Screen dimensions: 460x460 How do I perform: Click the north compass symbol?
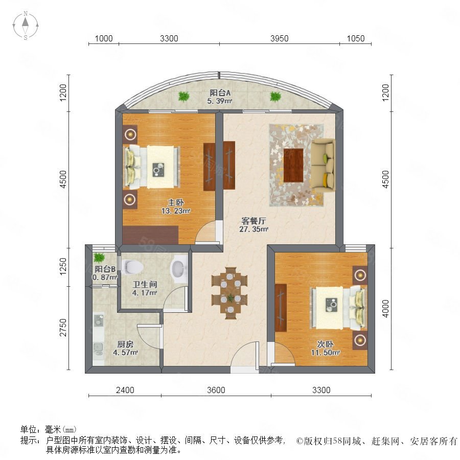pos(26,26)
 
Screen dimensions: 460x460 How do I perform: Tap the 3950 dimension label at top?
pos(279,38)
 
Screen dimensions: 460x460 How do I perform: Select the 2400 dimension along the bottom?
pos(125,390)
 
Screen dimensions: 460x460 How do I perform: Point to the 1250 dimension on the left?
pos(63,267)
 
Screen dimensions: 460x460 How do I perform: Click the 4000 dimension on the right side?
pos(385,308)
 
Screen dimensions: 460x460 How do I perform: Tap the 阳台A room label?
pos(220,93)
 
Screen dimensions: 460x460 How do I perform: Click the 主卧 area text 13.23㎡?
pos(176,211)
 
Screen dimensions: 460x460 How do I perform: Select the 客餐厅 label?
pos(254,221)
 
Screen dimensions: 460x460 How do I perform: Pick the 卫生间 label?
pos(145,284)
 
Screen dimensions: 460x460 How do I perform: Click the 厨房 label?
pos(125,344)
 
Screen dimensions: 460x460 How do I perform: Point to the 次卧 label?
pos(325,344)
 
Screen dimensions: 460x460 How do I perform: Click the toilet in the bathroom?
pos(133,267)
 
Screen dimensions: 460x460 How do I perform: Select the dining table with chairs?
pos(229,293)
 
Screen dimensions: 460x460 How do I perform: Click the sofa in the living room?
pos(323,165)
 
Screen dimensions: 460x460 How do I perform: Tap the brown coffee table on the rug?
pos(293,165)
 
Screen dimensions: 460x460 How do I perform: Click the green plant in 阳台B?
pos(99,258)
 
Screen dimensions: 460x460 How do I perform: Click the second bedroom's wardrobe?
pos(281,308)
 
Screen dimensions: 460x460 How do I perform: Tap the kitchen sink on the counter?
pos(99,320)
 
